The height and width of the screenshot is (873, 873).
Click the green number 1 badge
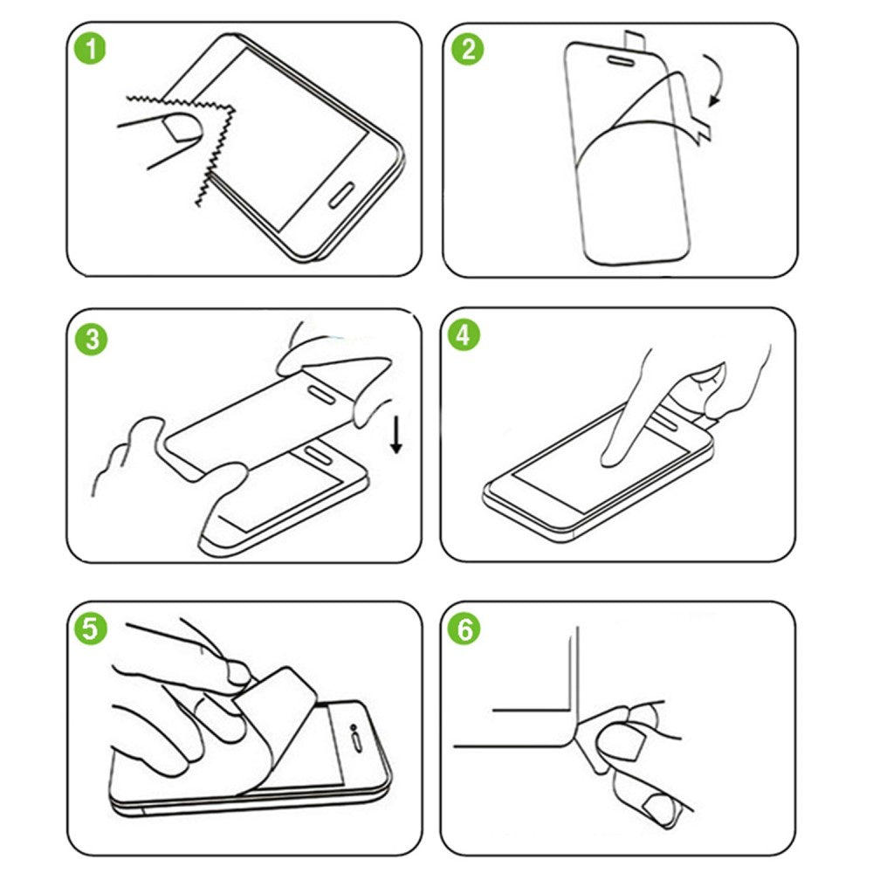[90, 48]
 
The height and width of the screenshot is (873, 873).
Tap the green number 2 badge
[468, 49]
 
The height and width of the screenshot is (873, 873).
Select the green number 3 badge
[92, 339]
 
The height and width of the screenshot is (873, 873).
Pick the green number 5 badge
[90, 629]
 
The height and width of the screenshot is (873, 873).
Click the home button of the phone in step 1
[342, 195]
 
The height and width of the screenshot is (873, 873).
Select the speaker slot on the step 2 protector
[620, 59]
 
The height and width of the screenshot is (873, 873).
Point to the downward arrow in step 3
[396, 436]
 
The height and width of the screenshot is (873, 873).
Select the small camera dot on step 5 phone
[353, 727]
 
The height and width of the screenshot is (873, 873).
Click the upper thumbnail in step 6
[619, 740]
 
